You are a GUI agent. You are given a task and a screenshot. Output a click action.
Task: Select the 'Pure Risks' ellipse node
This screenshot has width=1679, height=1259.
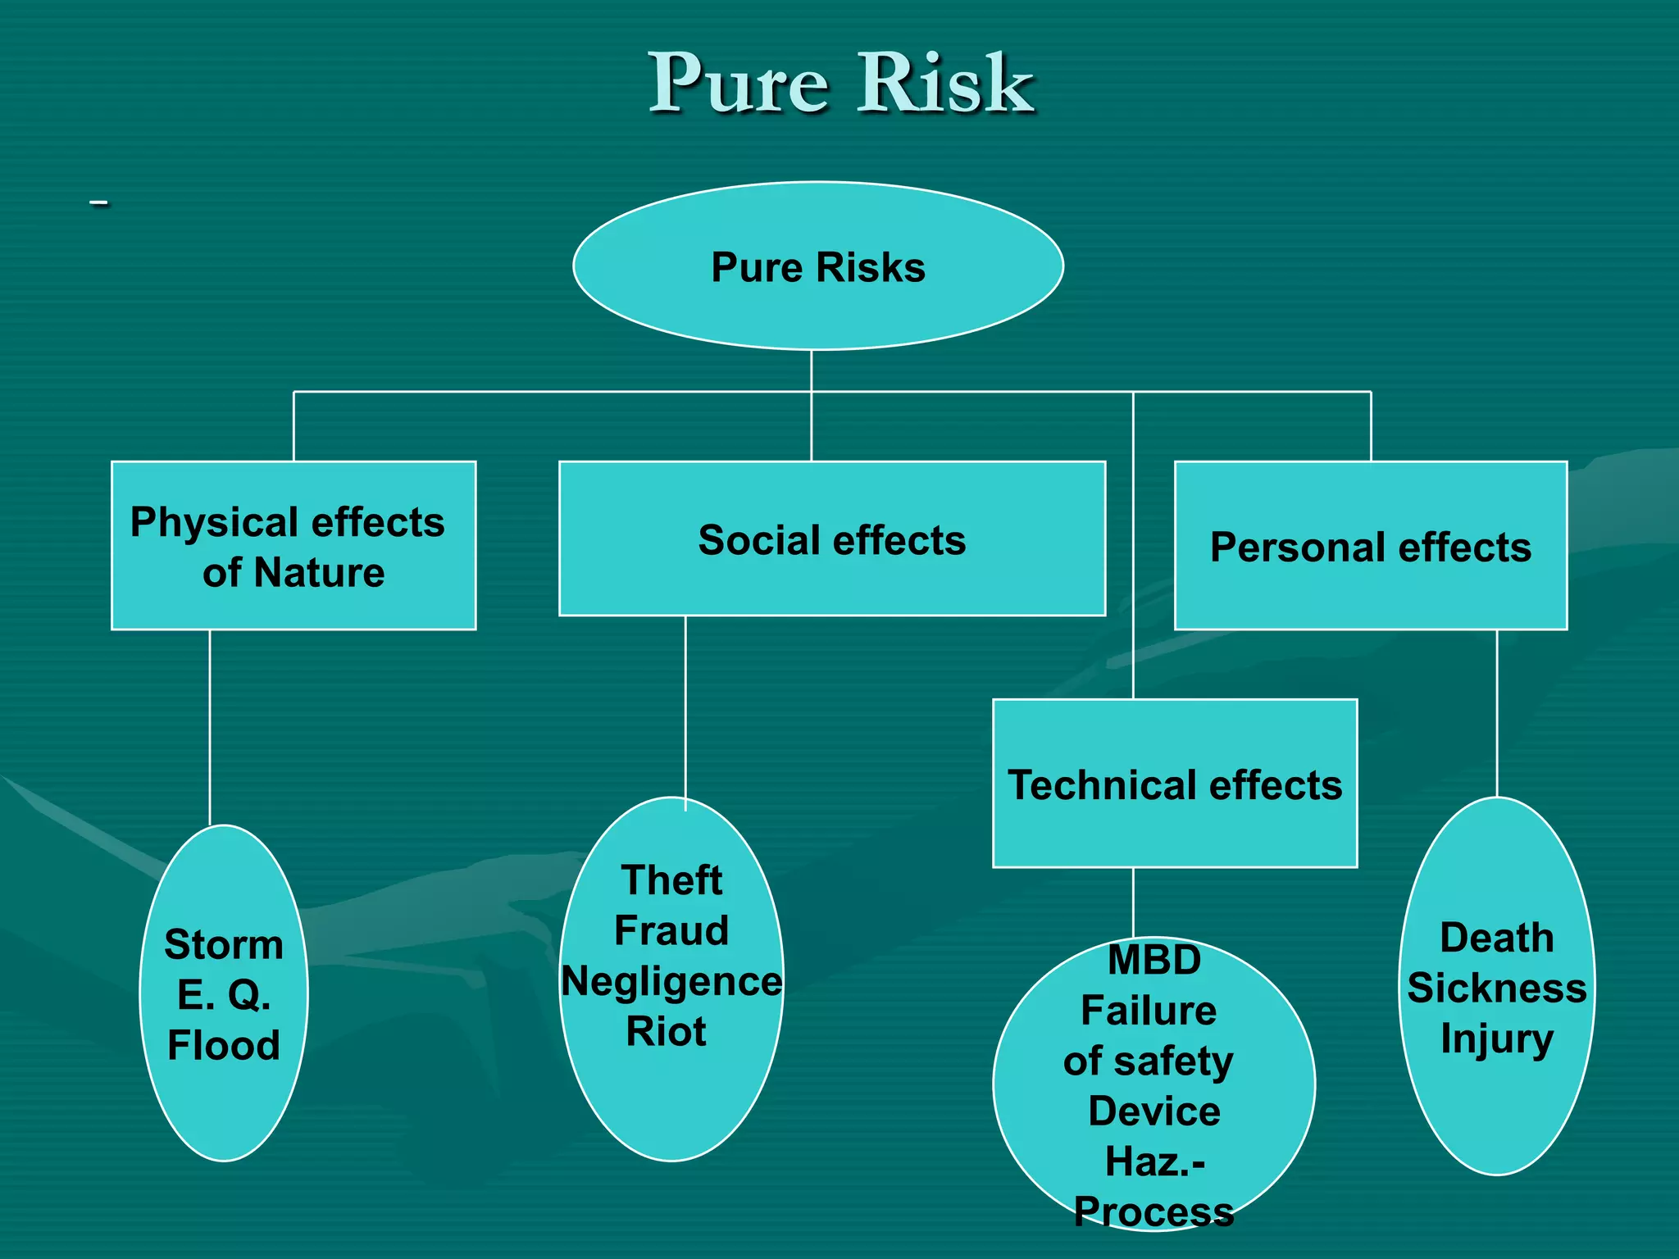click(x=818, y=267)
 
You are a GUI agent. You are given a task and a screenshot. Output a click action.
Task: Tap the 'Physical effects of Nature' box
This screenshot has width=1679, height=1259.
click(x=293, y=546)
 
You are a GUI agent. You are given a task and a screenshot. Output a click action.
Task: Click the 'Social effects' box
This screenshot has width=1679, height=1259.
click(x=831, y=539)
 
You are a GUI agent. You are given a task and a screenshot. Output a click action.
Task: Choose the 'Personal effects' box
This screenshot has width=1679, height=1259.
click(x=1371, y=547)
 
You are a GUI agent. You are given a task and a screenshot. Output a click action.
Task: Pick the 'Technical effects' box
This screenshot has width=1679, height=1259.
click(x=1175, y=784)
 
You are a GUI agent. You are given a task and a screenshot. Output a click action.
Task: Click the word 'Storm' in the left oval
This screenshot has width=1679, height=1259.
click(x=224, y=944)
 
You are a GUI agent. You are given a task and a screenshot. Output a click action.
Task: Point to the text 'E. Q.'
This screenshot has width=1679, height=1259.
click(x=224, y=995)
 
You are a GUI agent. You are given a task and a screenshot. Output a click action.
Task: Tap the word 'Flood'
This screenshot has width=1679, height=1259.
click(x=224, y=1045)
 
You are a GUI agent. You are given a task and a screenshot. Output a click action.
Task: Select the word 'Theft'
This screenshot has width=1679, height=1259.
click(x=671, y=880)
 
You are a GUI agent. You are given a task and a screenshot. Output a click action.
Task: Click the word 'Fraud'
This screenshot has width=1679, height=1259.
click(x=671, y=930)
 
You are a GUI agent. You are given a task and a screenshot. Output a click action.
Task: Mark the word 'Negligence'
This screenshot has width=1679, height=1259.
click(x=671, y=981)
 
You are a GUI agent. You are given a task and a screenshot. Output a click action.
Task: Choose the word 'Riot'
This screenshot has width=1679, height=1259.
click(x=666, y=1031)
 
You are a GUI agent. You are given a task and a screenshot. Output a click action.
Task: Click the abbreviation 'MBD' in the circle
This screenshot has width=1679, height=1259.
click(x=1154, y=960)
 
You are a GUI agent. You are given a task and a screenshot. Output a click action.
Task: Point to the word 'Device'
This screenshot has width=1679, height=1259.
click(x=1154, y=1111)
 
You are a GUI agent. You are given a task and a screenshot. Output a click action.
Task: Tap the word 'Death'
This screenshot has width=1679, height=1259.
click(x=1497, y=938)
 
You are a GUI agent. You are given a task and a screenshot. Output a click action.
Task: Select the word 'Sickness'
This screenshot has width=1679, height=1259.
click(x=1497, y=988)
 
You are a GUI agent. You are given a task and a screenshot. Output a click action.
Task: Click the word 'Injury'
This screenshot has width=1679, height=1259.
click(x=1497, y=1039)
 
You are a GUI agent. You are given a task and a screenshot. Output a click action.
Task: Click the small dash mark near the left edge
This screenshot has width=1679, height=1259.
click(x=99, y=202)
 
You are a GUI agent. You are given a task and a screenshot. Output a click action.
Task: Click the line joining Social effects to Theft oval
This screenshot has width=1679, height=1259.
click(x=685, y=705)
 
